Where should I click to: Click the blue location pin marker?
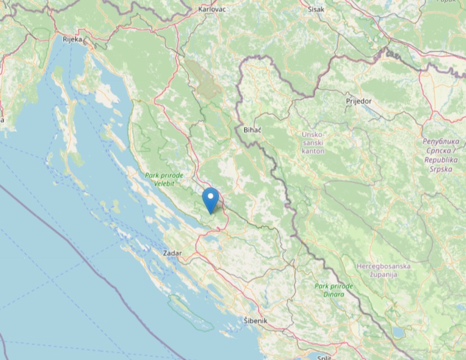coord(211,200)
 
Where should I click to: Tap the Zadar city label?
coord(172,253)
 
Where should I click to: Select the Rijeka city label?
coord(72,39)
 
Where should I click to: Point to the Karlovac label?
coord(212,9)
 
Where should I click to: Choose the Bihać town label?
coord(252,130)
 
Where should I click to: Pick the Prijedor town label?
coord(359,101)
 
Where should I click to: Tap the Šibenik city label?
coord(255,321)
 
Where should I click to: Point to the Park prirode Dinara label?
coord(334,290)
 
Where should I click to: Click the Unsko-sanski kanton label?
coord(313,142)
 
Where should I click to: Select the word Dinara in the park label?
coord(334,294)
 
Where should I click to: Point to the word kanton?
coord(313,151)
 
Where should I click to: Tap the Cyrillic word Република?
coord(439,142)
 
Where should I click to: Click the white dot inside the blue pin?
coord(211,196)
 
